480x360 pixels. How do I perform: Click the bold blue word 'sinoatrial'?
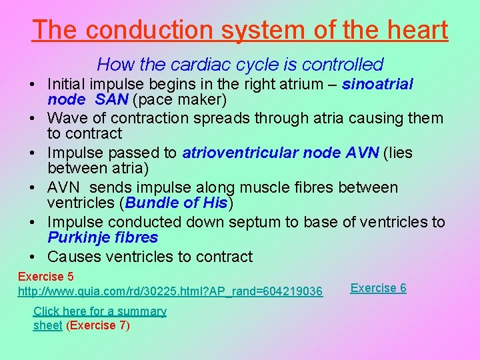pyautogui.click(x=377, y=84)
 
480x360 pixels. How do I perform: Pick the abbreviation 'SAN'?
pyautogui.click(x=112, y=100)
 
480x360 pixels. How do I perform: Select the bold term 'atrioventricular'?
pyautogui.click(x=239, y=153)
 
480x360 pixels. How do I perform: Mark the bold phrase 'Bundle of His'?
pyautogui.click(x=176, y=203)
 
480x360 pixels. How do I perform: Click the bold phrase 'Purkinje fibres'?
pyautogui.click(x=103, y=238)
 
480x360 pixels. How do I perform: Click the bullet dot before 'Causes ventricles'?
pyautogui.click(x=33, y=257)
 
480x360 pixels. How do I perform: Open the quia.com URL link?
pyautogui.click(x=170, y=292)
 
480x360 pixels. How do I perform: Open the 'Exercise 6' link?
pyautogui.click(x=378, y=288)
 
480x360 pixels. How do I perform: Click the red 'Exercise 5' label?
pyautogui.click(x=45, y=277)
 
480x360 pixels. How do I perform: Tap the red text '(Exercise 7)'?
pyautogui.click(x=98, y=325)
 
